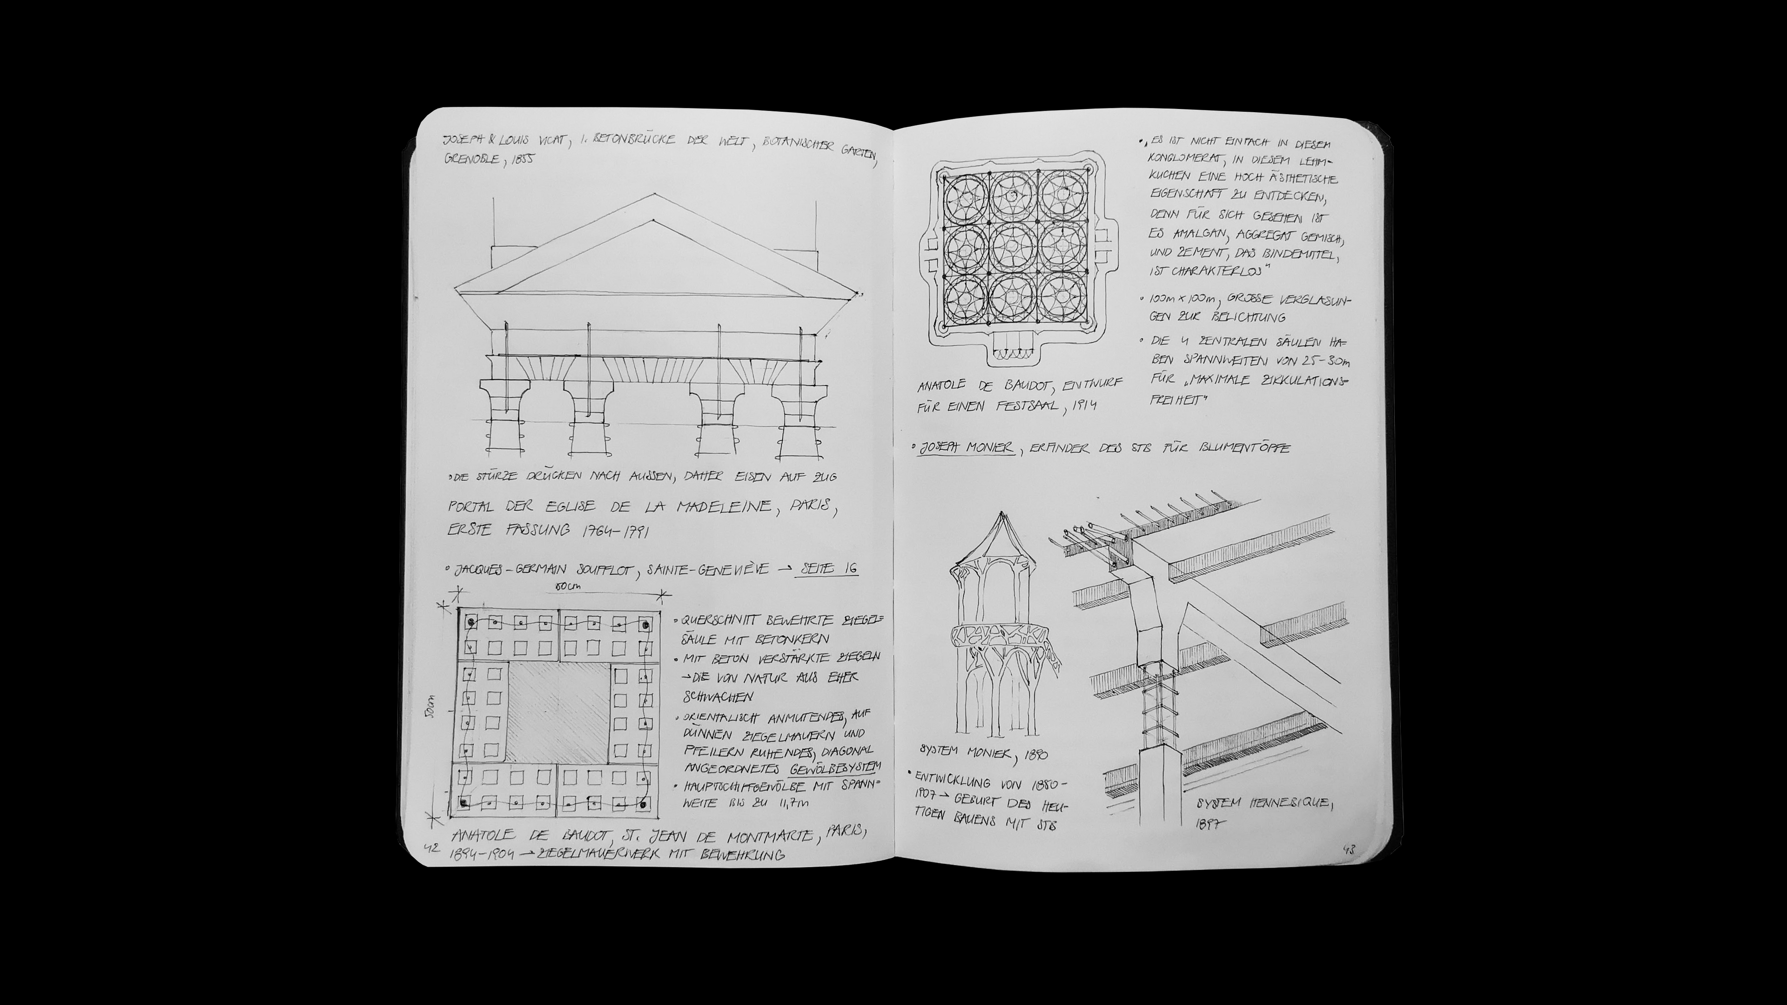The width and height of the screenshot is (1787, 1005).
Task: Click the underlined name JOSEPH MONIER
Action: [968, 448]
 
